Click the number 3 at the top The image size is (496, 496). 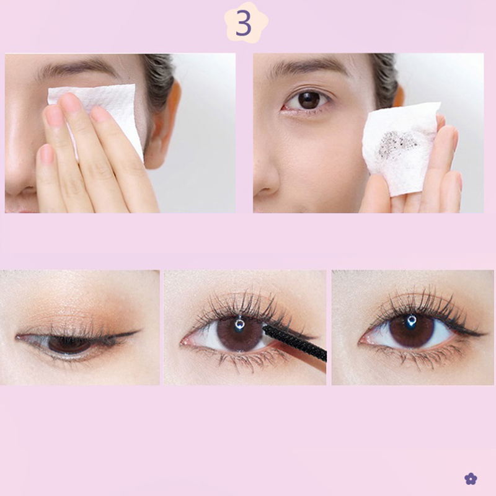coord(243,23)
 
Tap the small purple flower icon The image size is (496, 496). coord(471,479)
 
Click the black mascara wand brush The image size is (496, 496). coord(294,343)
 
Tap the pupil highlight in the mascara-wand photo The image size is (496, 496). coord(239,324)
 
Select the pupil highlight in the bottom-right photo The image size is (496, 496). coord(412,320)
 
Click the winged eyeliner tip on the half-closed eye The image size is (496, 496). coord(138,332)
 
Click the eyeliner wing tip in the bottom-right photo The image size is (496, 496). coord(485,334)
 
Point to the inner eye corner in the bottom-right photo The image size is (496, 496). coord(360,342)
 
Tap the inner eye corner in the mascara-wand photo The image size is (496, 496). coord(182,342)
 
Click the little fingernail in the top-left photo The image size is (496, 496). coord(46,154)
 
